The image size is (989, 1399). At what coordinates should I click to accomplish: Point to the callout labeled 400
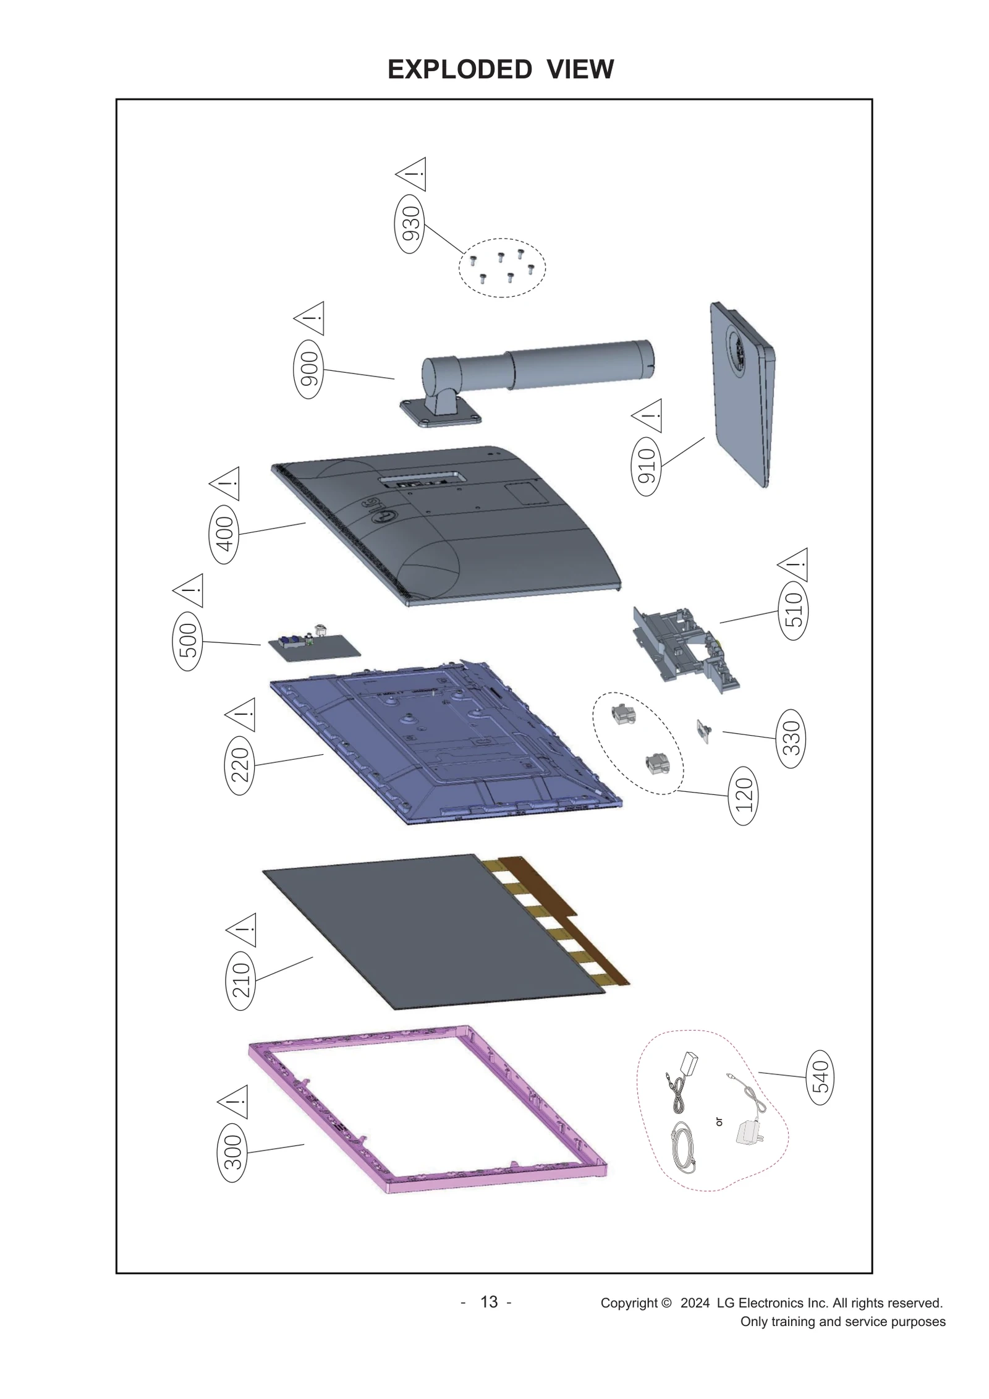point(224,533)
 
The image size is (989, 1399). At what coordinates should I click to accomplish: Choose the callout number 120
point(744,795)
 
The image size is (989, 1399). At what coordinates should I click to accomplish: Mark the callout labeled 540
point(820,1076)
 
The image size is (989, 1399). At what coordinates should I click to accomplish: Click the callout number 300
point(232,1152)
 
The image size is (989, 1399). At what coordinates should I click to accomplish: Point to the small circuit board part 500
point(314,645)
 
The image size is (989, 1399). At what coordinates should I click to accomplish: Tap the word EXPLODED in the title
point(459,69)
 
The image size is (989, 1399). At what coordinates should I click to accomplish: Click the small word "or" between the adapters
point(719,1121)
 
